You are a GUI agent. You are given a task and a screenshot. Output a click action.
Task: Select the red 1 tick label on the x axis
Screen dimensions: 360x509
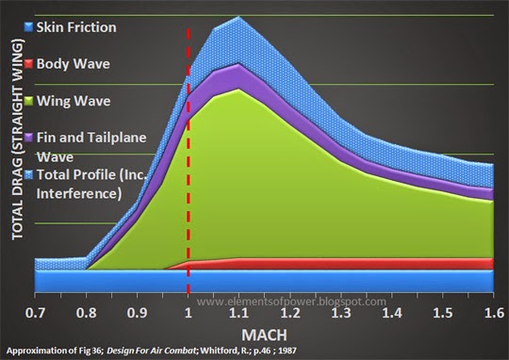click(x=189, y=312)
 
